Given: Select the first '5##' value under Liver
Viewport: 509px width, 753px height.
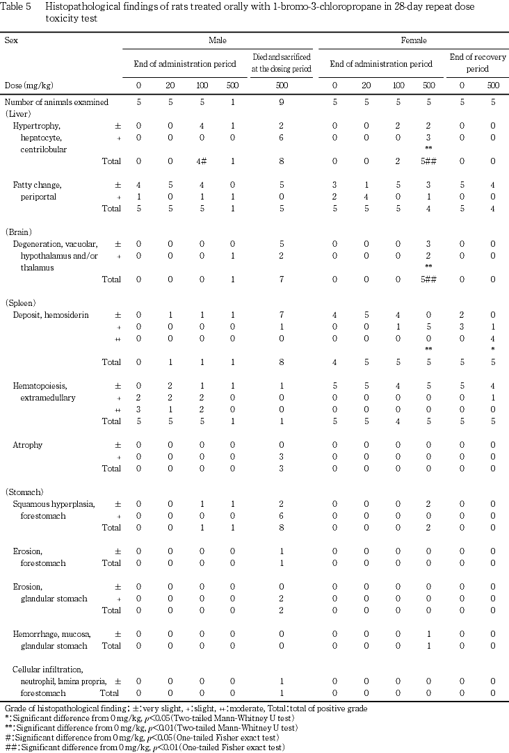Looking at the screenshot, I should [431, 161].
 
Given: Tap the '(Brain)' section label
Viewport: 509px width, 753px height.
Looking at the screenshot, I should [18, 232].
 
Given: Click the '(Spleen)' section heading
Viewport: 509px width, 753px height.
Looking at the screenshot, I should [20, 303].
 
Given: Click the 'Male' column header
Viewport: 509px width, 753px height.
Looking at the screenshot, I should [218, 41].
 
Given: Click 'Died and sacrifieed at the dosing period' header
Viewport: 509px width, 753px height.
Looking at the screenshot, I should [281, 64].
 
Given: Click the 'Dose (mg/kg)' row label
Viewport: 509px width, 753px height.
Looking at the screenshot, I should [29, 86].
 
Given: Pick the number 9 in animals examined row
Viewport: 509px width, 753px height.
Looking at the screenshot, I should [281, 102].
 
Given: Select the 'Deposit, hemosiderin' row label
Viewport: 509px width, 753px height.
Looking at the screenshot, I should [51, 315].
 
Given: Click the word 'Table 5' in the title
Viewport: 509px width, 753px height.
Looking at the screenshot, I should [18, 6].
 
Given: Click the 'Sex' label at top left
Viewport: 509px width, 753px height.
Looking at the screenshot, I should [11, 41].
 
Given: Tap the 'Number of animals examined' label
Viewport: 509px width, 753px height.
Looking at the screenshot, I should [56, 102].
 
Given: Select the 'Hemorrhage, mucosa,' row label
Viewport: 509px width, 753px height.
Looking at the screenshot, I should [52, 634].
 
